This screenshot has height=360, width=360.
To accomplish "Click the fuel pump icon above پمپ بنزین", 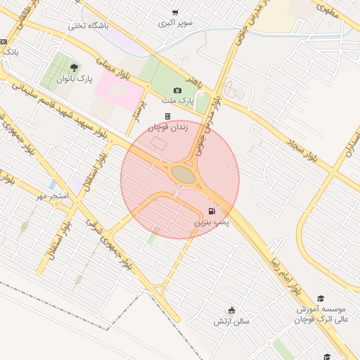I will pyautogui.click(x=212, y=212).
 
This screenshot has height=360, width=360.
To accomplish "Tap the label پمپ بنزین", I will pyautogui.click(x=212, y=222).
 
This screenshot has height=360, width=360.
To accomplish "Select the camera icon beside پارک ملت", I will pyautogui.click(x=177, y=91).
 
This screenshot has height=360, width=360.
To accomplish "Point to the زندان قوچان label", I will pyautogui.click(x=167, y=127).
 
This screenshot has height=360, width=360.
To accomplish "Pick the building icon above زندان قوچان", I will pyautogui.click(x=167, y=117).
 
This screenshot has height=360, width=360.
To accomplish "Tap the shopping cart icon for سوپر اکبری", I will pyautogui.click(x=175, y=12).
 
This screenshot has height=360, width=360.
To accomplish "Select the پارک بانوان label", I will pyautogui.click(x=75, y=79).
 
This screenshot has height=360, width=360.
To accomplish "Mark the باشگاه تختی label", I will pyautogui.click(x=88, y=26).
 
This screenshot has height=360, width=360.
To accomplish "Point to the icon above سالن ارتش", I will pyautogui.click(x=232, y=310).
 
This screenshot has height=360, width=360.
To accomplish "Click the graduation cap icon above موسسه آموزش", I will pyautogui.click(x=321, y=298).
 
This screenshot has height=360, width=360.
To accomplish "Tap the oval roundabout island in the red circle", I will pyautogui.click(x=181, y=174).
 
